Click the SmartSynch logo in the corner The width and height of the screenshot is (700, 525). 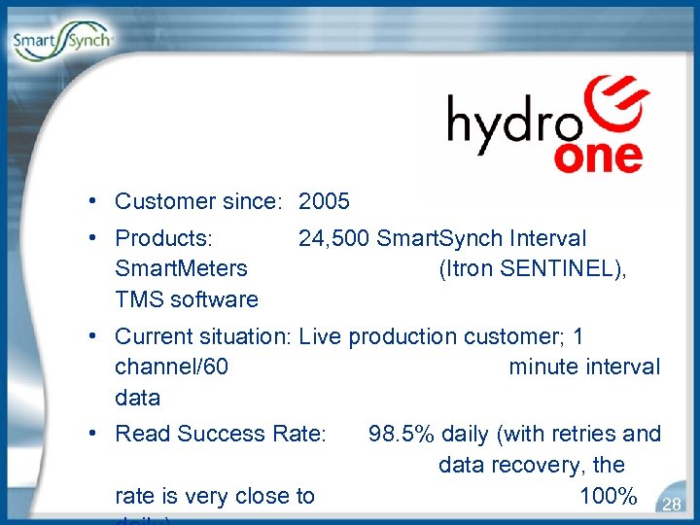(x=63, y=42)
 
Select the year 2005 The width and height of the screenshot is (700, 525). (x=324, y=202)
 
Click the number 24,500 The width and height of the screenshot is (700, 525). (x=334, y=238)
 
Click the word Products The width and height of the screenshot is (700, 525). (x=162, y=238)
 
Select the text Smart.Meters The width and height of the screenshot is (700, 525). (x=181, y=269)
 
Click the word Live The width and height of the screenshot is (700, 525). (x=321, y=337)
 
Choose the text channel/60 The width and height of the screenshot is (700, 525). (x=171, y=367)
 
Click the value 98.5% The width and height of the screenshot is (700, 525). (x=400, y=434)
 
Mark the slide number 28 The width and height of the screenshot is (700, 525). (x=671, y=504)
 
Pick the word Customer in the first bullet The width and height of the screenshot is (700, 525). (x=157, y=202)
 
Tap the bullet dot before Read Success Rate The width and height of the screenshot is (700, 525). (x=89, y=434)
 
